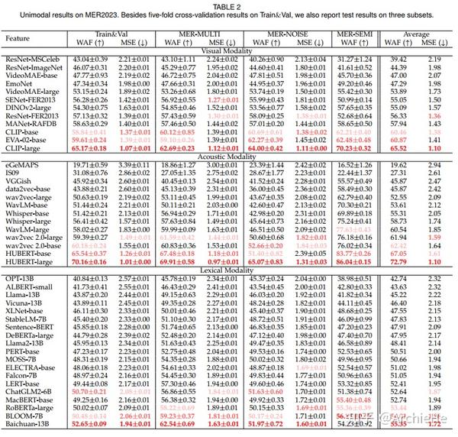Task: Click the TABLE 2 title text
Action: click(229, 5)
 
